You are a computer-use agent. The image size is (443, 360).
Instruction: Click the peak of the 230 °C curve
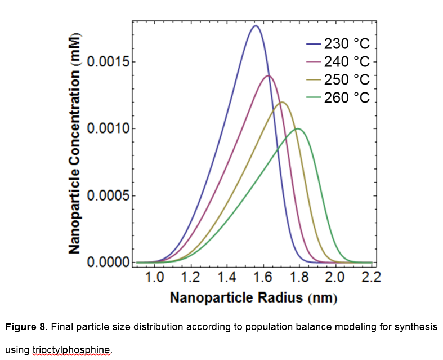pos(255,26)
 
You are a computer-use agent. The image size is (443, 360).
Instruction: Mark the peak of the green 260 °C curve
pos(298,128)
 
